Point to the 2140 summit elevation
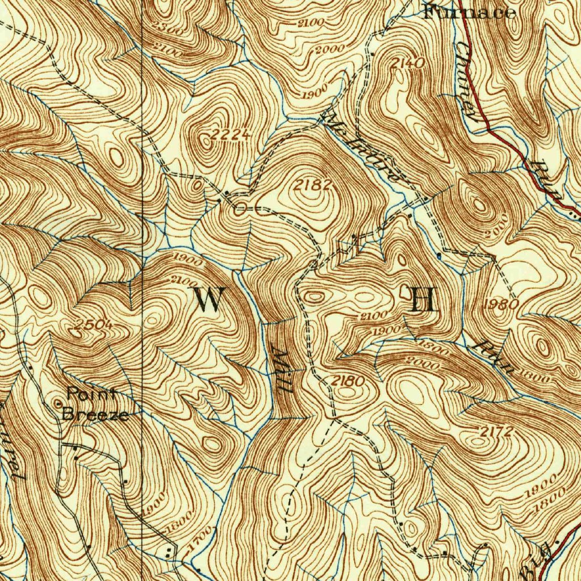pos(407,64)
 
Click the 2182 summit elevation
pos(311,184)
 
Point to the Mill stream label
pos(283,372)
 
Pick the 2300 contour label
pos(169,28)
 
